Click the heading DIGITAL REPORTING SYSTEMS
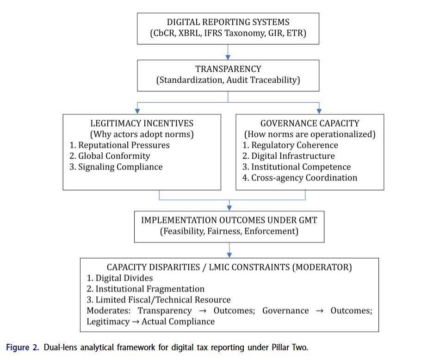tap(228, 22)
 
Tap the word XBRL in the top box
tap(188, 33)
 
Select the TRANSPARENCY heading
tap(228, 69)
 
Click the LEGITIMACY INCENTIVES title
tap(142, 123)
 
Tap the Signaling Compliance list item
tap(116, 167)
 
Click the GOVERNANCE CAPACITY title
tap(310, 123)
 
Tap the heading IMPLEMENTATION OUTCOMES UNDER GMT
tap(229, 220)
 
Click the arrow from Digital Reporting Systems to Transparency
tap(228, 50)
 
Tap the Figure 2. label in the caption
tap(23, 347)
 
